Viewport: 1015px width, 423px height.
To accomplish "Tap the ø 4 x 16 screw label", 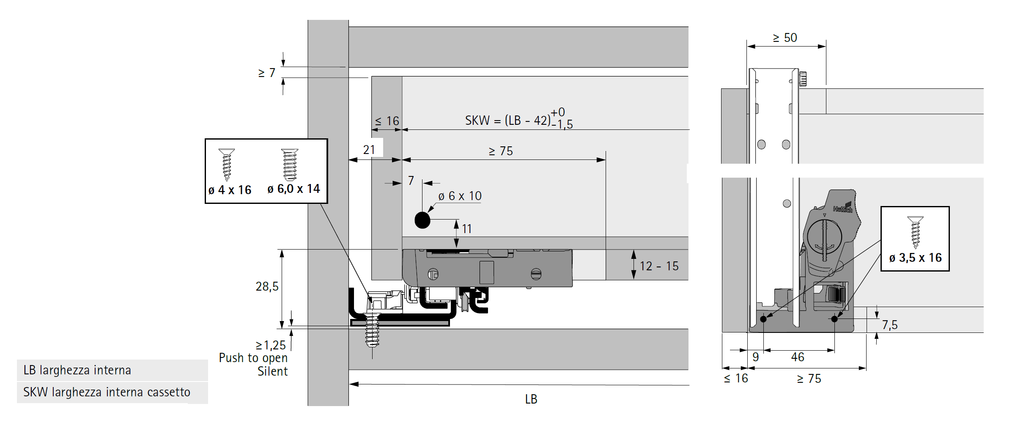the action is click(x=230, y=190).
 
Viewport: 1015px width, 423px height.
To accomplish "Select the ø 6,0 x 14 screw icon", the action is click(x=290, y=165).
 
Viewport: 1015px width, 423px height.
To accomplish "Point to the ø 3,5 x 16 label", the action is click(x=915, y=258).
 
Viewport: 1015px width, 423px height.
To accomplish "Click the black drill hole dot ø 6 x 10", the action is click(x=422, y=220).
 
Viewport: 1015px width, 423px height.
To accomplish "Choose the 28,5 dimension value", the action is click(x=267, y=286).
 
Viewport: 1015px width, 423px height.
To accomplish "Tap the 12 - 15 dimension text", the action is click(x=659, y=266).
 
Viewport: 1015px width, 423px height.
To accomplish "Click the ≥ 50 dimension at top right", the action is click(x=785, y=38).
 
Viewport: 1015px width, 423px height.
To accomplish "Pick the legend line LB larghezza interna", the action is click(x=77, y=370).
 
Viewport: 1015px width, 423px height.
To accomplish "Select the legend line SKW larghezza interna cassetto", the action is click(x=107, y=392).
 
